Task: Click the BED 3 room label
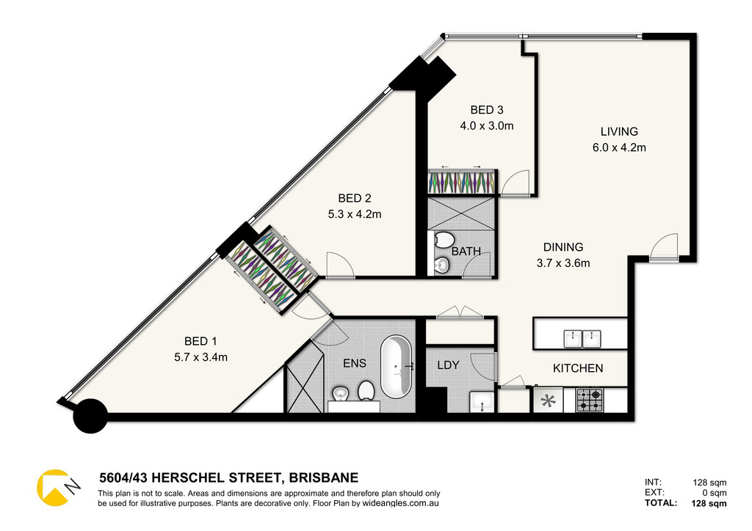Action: tap(487, 110)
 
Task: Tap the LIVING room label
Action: tap(619, 132)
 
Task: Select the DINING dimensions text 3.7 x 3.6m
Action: tap(563, 263)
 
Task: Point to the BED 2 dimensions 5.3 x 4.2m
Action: tap(355, 214)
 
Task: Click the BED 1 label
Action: tap(200, 341)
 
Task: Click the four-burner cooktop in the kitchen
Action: tap(590, 400)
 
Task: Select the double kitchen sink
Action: tap(582, 339)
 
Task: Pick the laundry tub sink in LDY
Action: tap(482, 402)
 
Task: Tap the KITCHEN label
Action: tap(578, 368)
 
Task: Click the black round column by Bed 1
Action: tap(90, 417)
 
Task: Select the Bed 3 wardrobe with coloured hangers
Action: tap(461, 182)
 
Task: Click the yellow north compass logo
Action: tap(54, 488)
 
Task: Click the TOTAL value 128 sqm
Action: tap(709, 503)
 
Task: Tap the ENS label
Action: tap(355, 364)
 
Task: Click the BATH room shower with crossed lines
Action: tap(461, 213)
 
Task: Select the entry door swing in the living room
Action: tap(664, 246)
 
